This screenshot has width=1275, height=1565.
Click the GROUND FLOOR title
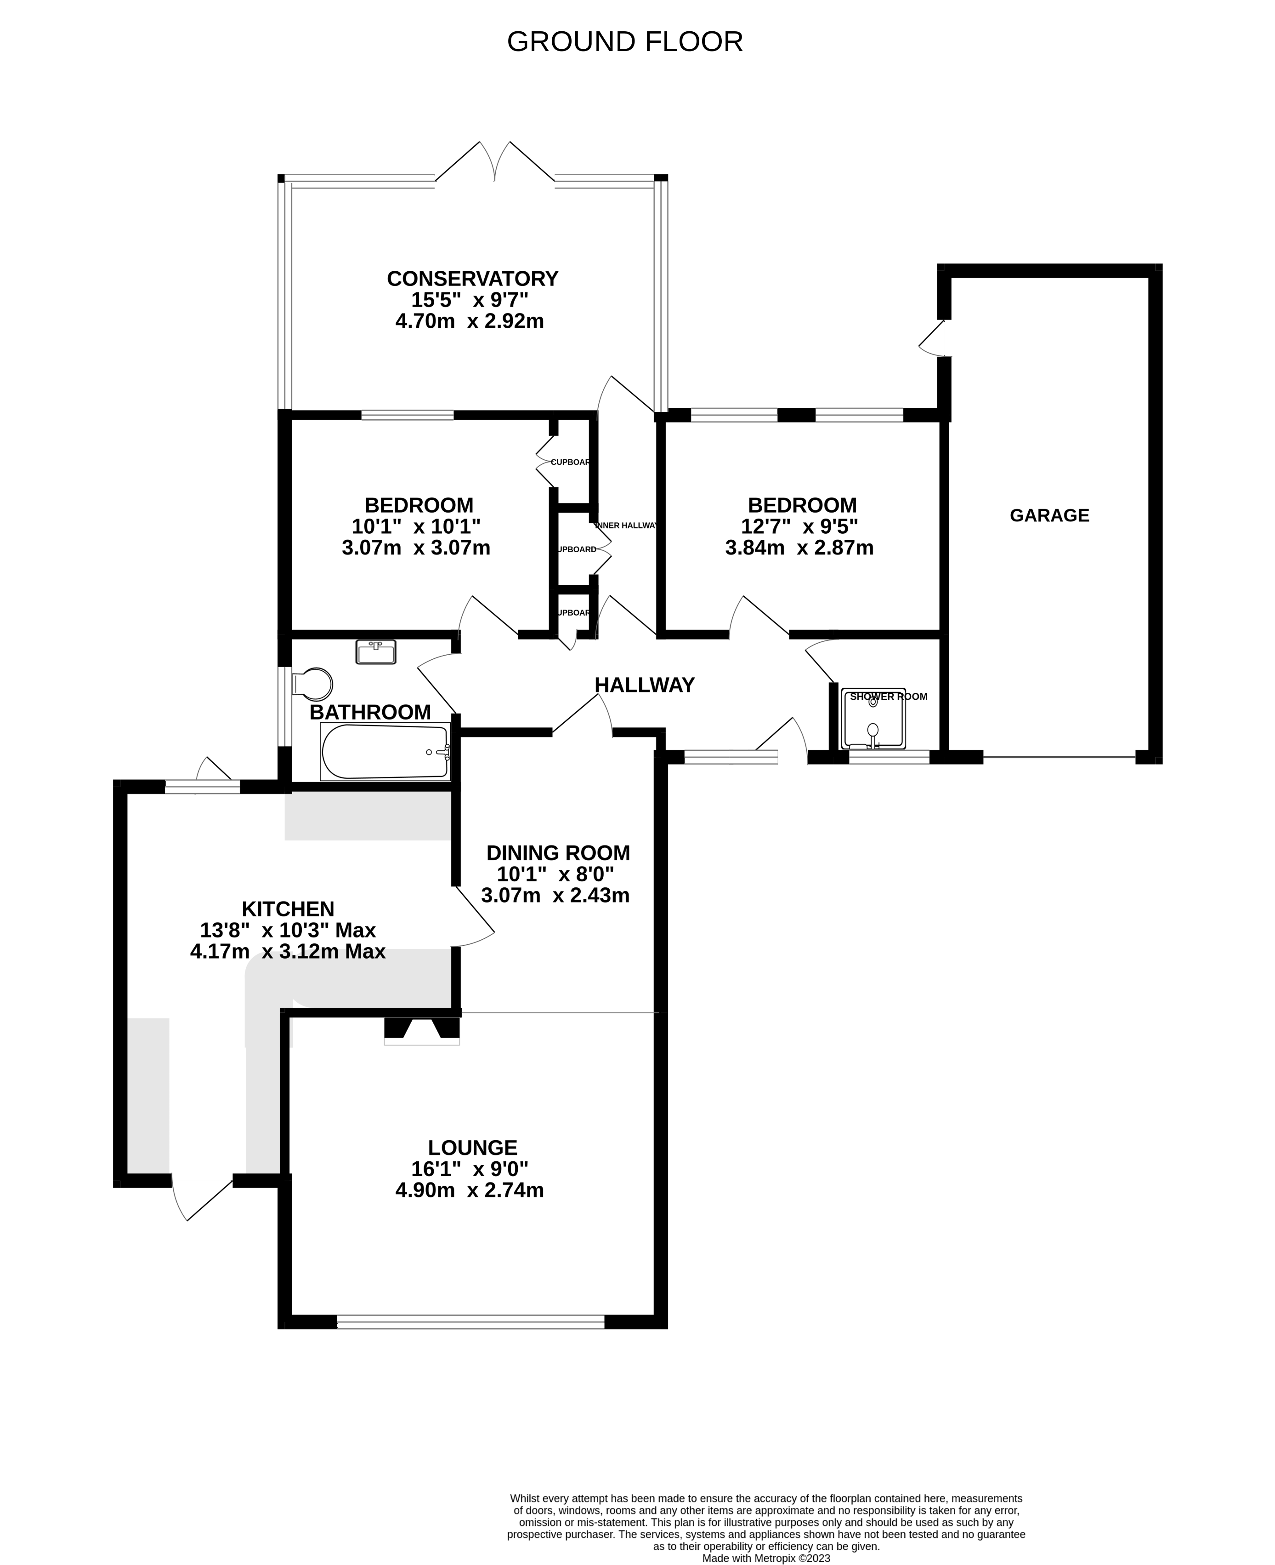click(x=624, y=42)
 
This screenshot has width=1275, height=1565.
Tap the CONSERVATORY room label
click(x=472, y=279)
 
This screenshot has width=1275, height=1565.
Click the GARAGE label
click(x=1049, y=516)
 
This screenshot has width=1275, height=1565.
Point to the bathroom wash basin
click(x=376, y=652)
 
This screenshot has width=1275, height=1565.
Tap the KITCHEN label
click(x=288, y=909)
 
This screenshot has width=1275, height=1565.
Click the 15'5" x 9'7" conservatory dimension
click(x=469, y=300)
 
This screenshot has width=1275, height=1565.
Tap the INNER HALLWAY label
click(x=627, y=525)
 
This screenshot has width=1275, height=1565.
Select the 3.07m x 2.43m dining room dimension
click(x=555, y=896)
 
